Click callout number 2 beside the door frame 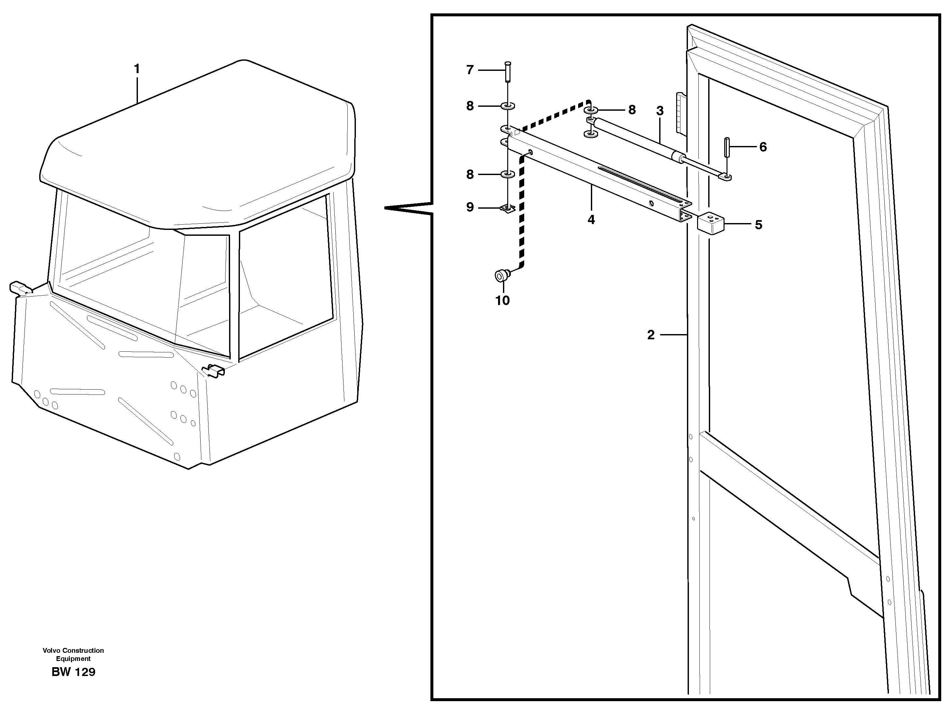coord(651,334)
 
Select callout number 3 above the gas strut coord(660,111)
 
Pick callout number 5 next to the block coord(759,225)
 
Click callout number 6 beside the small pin coord(763,147)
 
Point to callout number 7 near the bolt coord(470,70)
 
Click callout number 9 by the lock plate coord(470,207)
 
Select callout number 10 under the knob coord(502,300)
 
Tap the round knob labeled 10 coord(501,275)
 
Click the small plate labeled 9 coord(508,209)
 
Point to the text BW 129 coord(73,672)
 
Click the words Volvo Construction coord(73,650)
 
